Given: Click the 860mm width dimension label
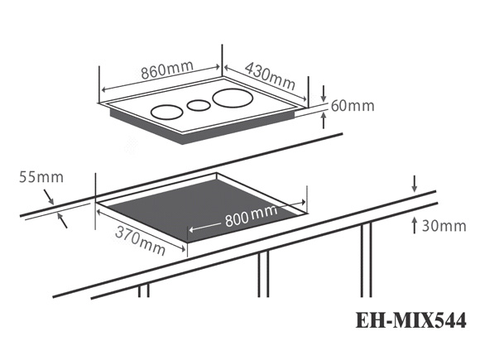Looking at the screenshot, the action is (167, 70).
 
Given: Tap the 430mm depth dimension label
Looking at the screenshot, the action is (270, 75).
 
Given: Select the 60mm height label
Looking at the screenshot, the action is (353, 106).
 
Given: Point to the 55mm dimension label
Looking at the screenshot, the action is (41, 177).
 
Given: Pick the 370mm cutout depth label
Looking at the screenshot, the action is (140, 241).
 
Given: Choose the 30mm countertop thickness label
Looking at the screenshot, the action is (444, 226).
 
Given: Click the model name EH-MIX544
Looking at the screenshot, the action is (410, 320).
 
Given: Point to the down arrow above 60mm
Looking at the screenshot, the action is (324, 94).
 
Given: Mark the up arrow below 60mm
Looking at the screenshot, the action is (324, 120).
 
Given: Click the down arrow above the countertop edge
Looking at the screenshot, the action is (414, 184).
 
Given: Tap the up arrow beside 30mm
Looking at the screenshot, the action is (415, 225).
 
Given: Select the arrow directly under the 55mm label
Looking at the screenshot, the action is (49, 197).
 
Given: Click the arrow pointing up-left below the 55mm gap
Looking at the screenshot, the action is (62, 220).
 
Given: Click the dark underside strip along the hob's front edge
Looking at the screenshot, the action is (202, 127).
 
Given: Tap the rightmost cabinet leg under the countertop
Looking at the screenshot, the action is (366, 260).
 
